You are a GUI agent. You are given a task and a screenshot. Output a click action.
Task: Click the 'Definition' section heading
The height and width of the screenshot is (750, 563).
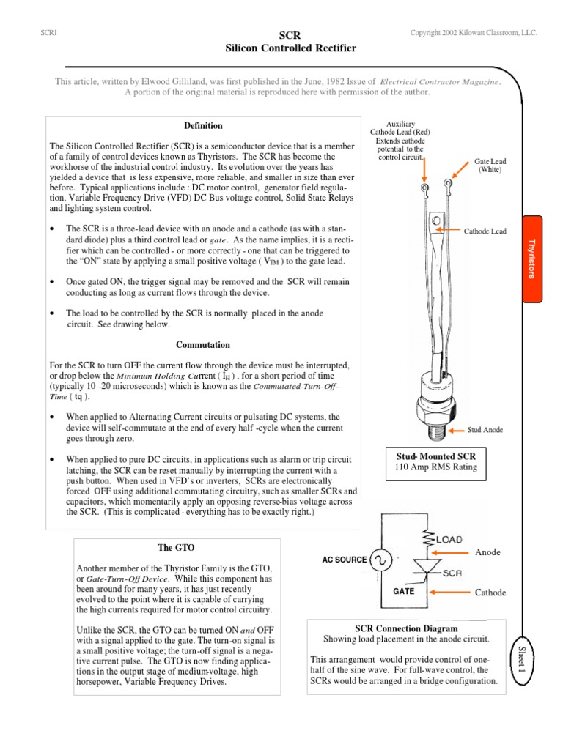203,126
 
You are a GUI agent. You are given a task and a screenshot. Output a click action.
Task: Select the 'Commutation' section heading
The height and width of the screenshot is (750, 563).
203,344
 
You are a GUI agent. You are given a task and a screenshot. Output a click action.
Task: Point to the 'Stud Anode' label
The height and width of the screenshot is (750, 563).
486,430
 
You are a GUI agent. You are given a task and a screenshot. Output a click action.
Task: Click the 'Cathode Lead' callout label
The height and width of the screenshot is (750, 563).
485,231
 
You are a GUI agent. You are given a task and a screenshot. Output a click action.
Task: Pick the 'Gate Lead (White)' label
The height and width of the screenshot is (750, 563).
490,165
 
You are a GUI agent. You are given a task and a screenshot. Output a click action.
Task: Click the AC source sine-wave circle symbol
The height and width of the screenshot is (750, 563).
381,560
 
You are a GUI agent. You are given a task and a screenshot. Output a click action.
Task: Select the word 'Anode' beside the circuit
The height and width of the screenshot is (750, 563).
488,552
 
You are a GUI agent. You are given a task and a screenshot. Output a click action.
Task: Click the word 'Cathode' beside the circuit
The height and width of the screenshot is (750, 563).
491,592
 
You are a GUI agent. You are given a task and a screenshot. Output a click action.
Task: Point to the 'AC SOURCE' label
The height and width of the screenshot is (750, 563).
345,560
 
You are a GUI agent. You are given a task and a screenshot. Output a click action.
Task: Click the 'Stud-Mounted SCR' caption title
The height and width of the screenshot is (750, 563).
437,456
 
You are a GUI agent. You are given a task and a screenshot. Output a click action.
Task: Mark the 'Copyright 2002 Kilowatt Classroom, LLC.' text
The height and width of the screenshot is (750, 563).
475,34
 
